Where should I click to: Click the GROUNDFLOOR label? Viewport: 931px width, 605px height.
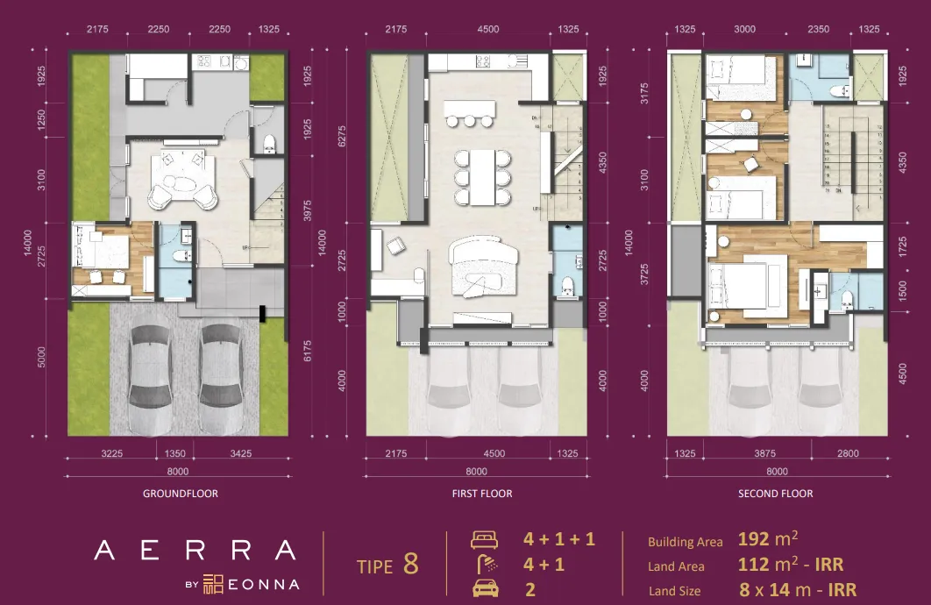point(180,494)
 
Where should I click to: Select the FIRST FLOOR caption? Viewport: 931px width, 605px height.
point(482,494)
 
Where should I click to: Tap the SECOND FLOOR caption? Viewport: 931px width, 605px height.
point(775,494)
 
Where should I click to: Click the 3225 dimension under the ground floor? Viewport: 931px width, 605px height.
point(111,454)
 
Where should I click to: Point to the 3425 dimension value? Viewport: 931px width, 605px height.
point(239,454)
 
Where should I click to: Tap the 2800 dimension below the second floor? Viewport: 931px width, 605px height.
point(847,454)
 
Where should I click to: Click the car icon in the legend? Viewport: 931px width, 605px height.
point(485,589)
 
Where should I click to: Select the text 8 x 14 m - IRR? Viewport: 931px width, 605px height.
point(798,590)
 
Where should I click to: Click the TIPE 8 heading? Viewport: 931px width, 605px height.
point(387,566)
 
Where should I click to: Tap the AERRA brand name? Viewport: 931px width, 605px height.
point(195,551)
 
